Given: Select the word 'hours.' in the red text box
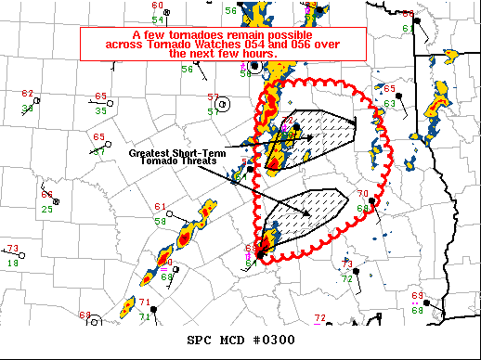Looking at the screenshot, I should coord(257,55).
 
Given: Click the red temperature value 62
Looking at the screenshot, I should coord(27,95).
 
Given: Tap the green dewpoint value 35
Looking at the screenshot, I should coord(100,110).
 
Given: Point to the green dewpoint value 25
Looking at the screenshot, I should coord(46,210).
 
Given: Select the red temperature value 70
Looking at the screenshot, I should coord(363,194).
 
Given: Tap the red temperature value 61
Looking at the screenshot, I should coord(160,207).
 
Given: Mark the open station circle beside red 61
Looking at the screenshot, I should coord(174,217).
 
